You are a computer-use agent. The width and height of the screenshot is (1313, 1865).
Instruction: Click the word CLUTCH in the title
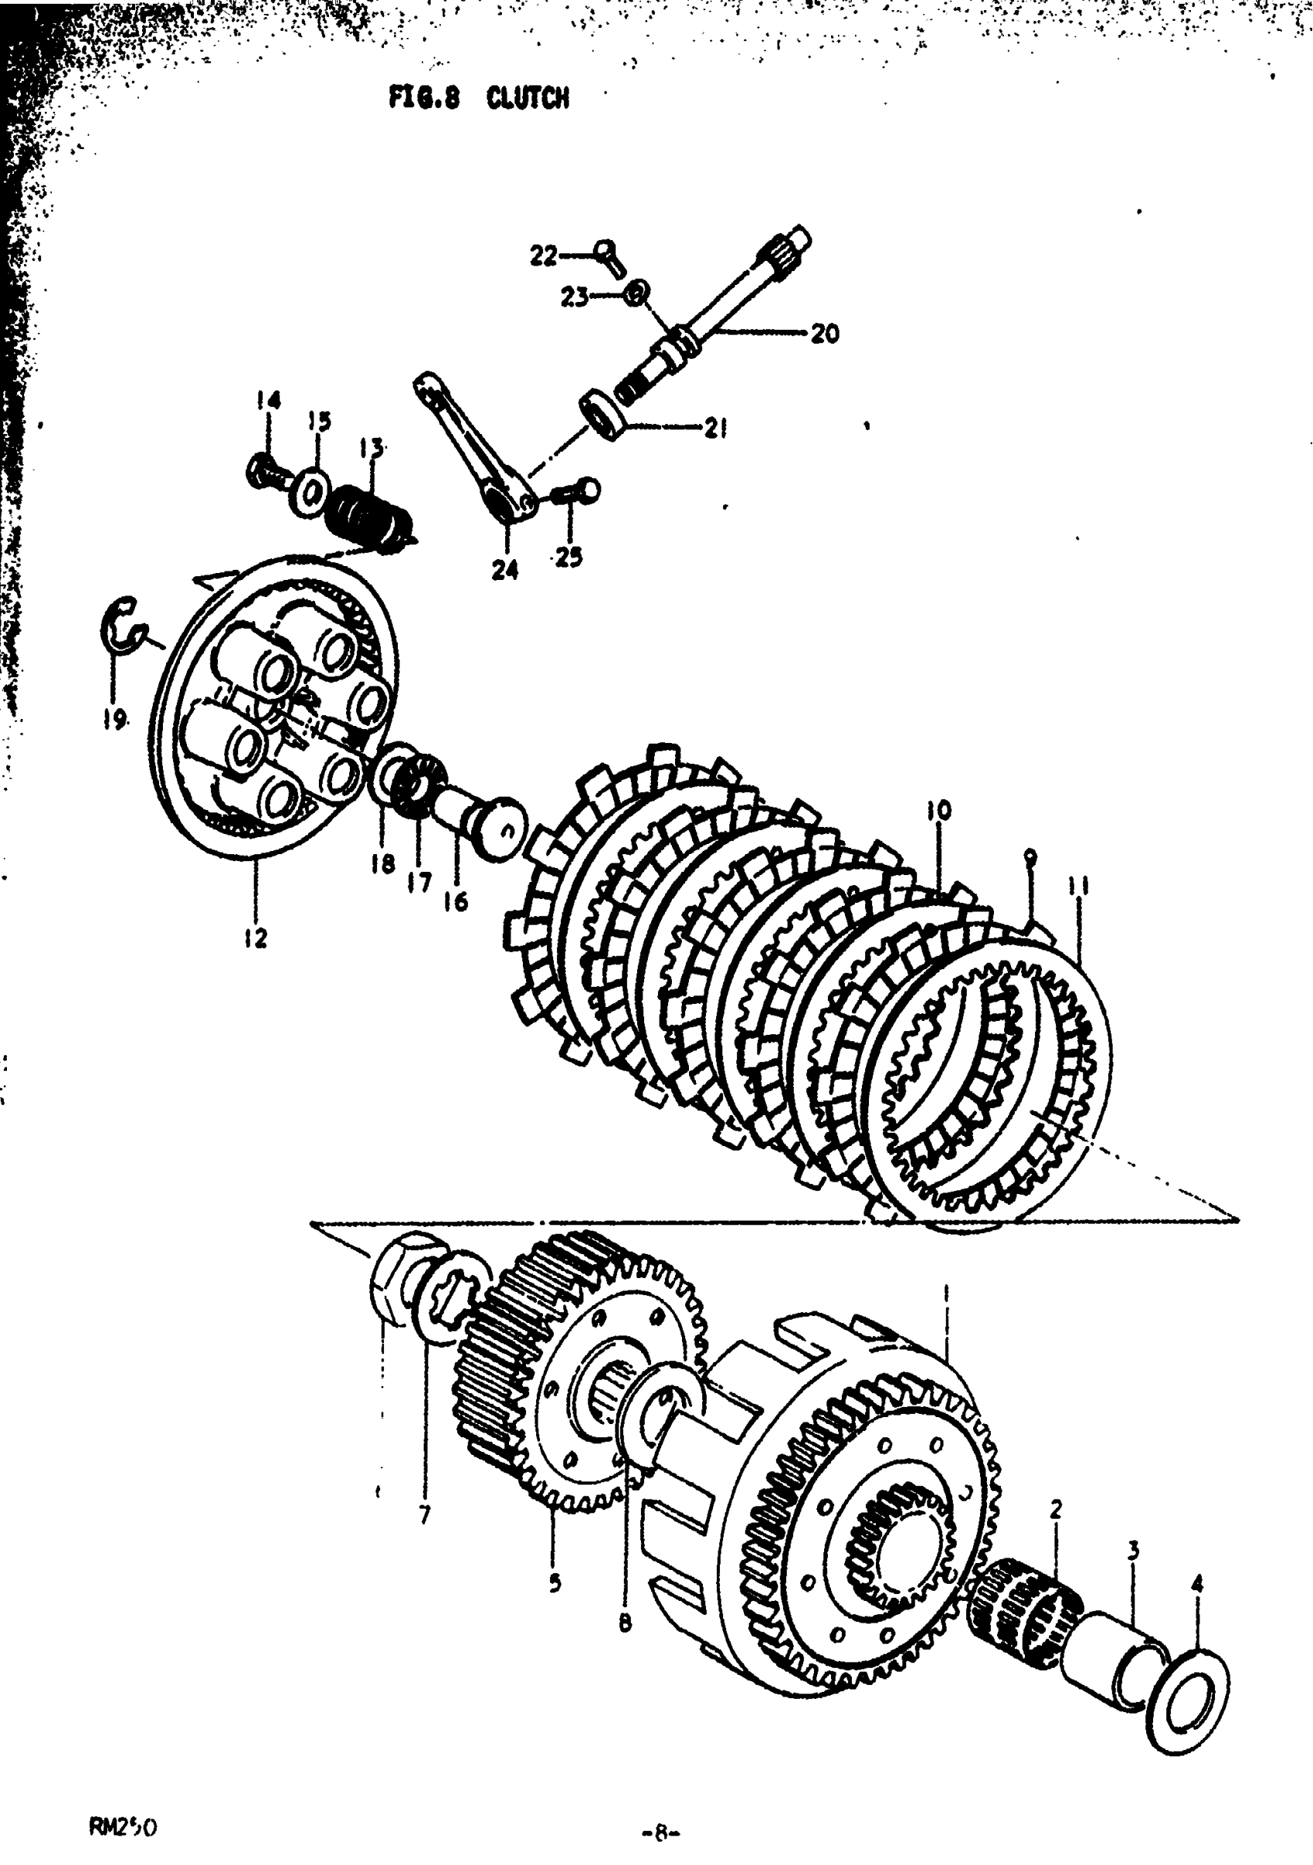point(528,98)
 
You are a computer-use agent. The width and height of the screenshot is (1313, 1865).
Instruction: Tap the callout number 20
point(825,333)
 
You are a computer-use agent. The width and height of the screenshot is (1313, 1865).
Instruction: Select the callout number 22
point(544,255)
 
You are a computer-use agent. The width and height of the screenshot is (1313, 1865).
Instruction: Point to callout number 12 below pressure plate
point(255,939)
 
